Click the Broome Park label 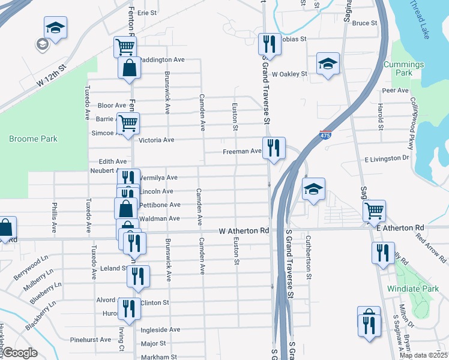[33, 139]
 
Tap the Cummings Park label [406, 68]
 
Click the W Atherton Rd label [244, 230]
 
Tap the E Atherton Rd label [400, 228]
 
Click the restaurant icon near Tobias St [268, 44]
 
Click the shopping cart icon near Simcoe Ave [128, 123]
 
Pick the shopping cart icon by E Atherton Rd [374, 211]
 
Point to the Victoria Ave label [156, 140]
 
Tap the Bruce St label [364, 23]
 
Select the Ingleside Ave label [160, 329]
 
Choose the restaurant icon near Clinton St [129, 308]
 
